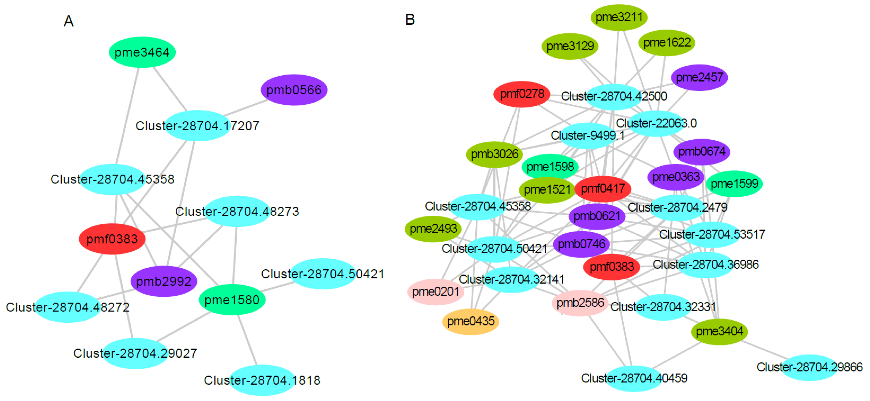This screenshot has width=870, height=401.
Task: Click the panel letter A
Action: point(68,21)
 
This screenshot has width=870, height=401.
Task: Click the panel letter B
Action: point(410,20)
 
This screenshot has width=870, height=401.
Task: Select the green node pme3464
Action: point(142,52)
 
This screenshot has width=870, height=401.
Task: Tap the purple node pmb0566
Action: point(294,90)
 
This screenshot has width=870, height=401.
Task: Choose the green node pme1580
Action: point(232,300)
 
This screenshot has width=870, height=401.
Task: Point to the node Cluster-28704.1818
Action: point(262,380)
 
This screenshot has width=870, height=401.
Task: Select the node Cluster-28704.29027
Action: point(135,353)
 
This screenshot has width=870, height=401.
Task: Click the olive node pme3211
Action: point(619,17)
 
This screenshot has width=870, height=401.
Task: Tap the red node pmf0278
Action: point(522,94)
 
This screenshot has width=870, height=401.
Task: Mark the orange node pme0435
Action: point(470,321)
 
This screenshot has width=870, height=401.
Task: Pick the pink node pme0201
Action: point(436,292)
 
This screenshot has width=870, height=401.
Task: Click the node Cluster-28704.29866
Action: point(809,367)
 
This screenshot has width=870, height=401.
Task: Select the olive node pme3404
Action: point(719,331)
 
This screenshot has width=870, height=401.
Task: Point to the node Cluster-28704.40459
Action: point(634,378)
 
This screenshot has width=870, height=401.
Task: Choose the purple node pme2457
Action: point(699,78)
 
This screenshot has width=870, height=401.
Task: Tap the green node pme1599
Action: point(734,184)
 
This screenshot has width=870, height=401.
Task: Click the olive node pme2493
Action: point(433,229)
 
